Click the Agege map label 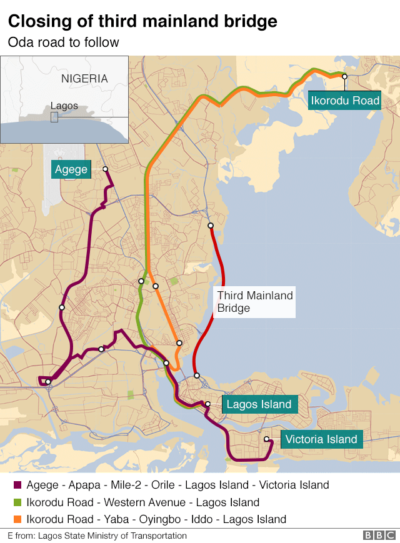pyautogui.click(x=71, y=169)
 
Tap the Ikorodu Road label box pyautogui.click(x=345, y=100)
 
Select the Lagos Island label pyautogui.click(x=259, y=404)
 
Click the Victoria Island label pyautogui.click(x=321, y=439)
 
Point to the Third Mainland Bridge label pyautogui.click(x=254, y=302)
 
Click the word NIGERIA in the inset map pyautogui.click(x=84, y=79)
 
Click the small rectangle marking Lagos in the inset pyautogui.click(x=54, y=117)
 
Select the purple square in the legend pyautogui.click(x=17, y=486)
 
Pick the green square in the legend pyautogui.click(x=17, y=502)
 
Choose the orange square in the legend pyautogui.click(x=17, y=519)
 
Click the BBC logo pyautogui.click(x=379, y=536)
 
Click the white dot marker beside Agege pyautogui.click(x=105, y=169)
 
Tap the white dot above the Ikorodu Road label pyautogui.click(x=344, y=76)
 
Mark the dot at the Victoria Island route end pyautogui.click(x=267, y=439)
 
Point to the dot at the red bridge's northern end pyautogui.click(x=211, y=226)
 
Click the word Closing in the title pyautogui.click(x=37, y=22)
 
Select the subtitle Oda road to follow pyautogui.click(x=63, y=42)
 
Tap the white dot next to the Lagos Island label pyautogui.click(x=208, y=404)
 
